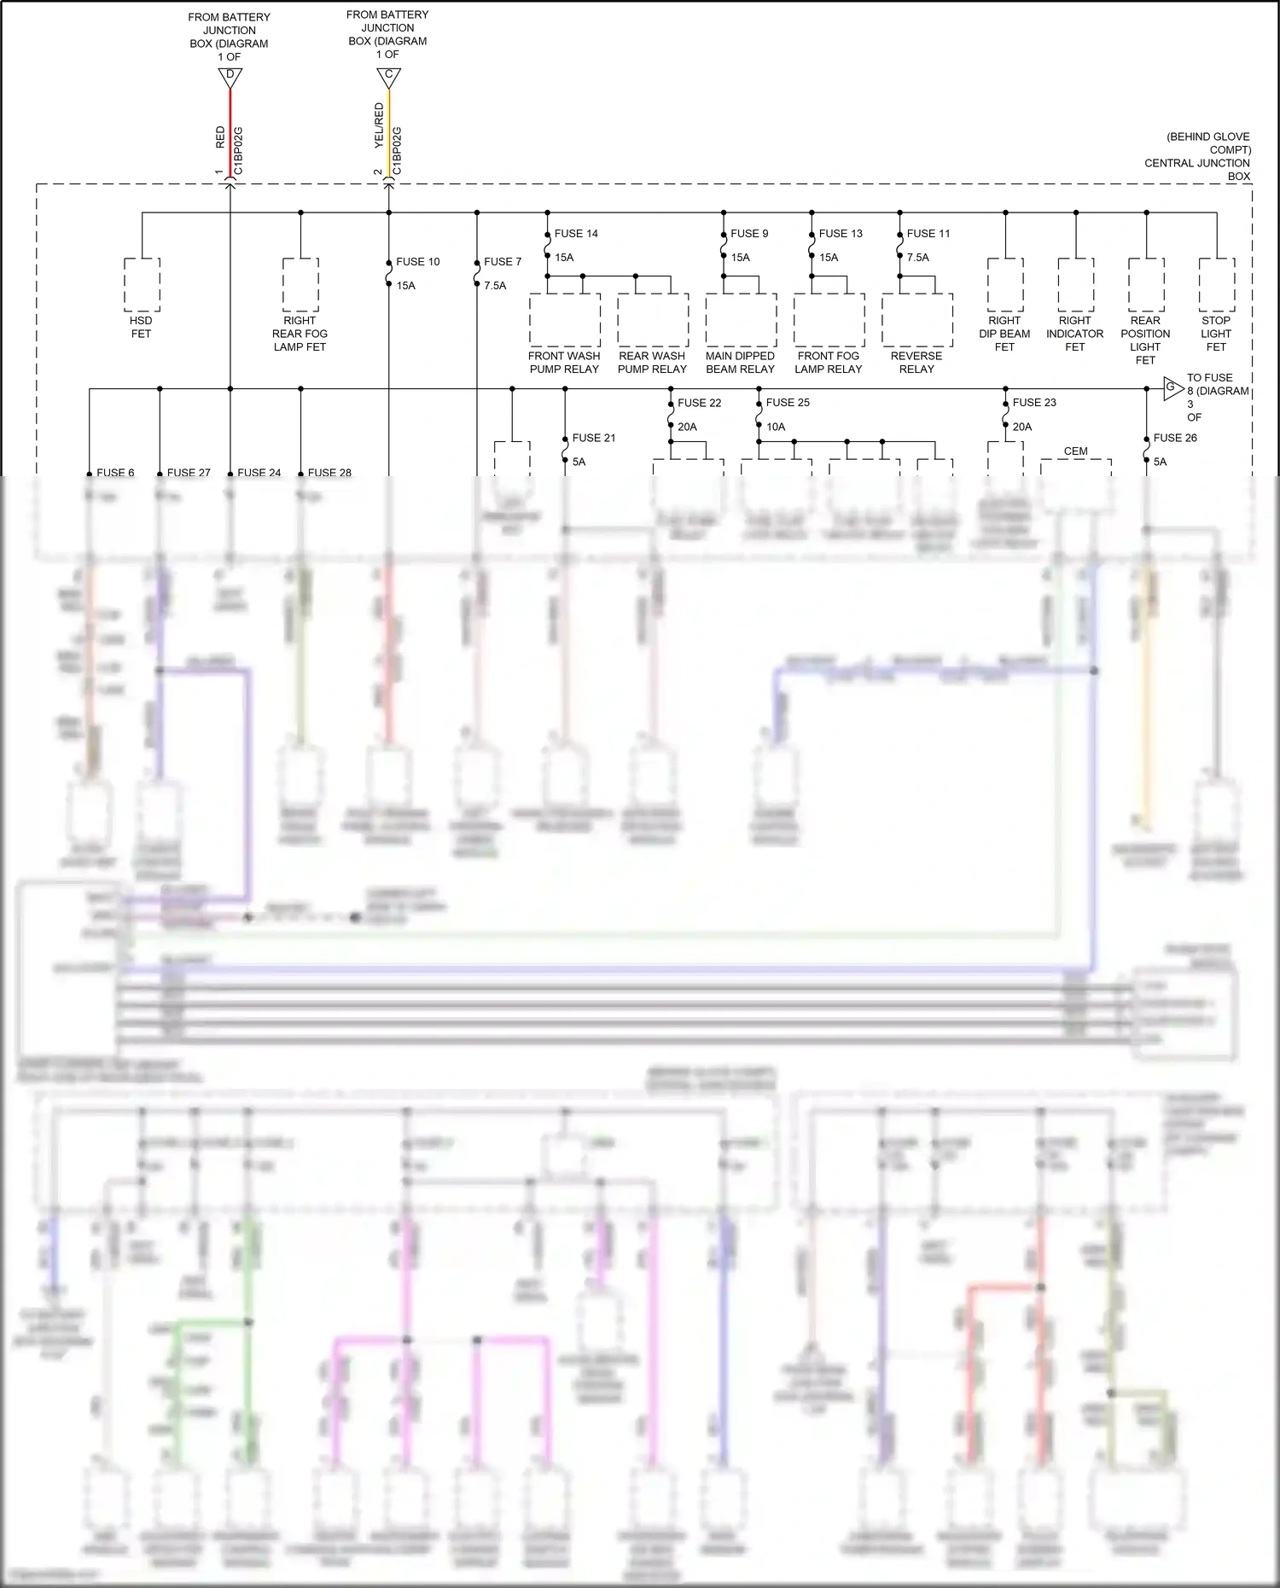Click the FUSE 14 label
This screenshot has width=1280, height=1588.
(576, 234)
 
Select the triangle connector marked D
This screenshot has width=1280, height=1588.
(230, 77)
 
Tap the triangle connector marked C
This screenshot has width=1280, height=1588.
(388, 77)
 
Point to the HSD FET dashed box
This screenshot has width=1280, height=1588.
(142, 285)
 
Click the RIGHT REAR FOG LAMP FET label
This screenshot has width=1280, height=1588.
(300, 334)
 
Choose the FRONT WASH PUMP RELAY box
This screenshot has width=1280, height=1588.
(564, 320)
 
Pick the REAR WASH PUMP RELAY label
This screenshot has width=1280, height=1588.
(652, 363)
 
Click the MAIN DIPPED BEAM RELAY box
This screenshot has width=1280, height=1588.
(741, 320)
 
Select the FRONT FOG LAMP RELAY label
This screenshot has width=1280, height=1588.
(829, 363)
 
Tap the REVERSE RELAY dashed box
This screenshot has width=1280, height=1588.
(917, 320)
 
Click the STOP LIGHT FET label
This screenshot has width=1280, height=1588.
(1216, 334)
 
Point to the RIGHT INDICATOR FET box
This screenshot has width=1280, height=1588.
(1075, 285)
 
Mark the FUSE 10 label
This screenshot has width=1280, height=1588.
(418, 262)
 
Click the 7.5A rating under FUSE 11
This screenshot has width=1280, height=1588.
(918, 258)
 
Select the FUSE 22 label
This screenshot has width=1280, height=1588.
(700, 403)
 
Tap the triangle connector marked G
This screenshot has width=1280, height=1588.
(1172, 388)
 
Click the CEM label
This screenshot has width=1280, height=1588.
(1076, 451)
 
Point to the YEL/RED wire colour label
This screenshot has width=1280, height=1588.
(379, 126)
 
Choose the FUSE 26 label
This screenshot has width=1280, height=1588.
(1175, 438)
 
